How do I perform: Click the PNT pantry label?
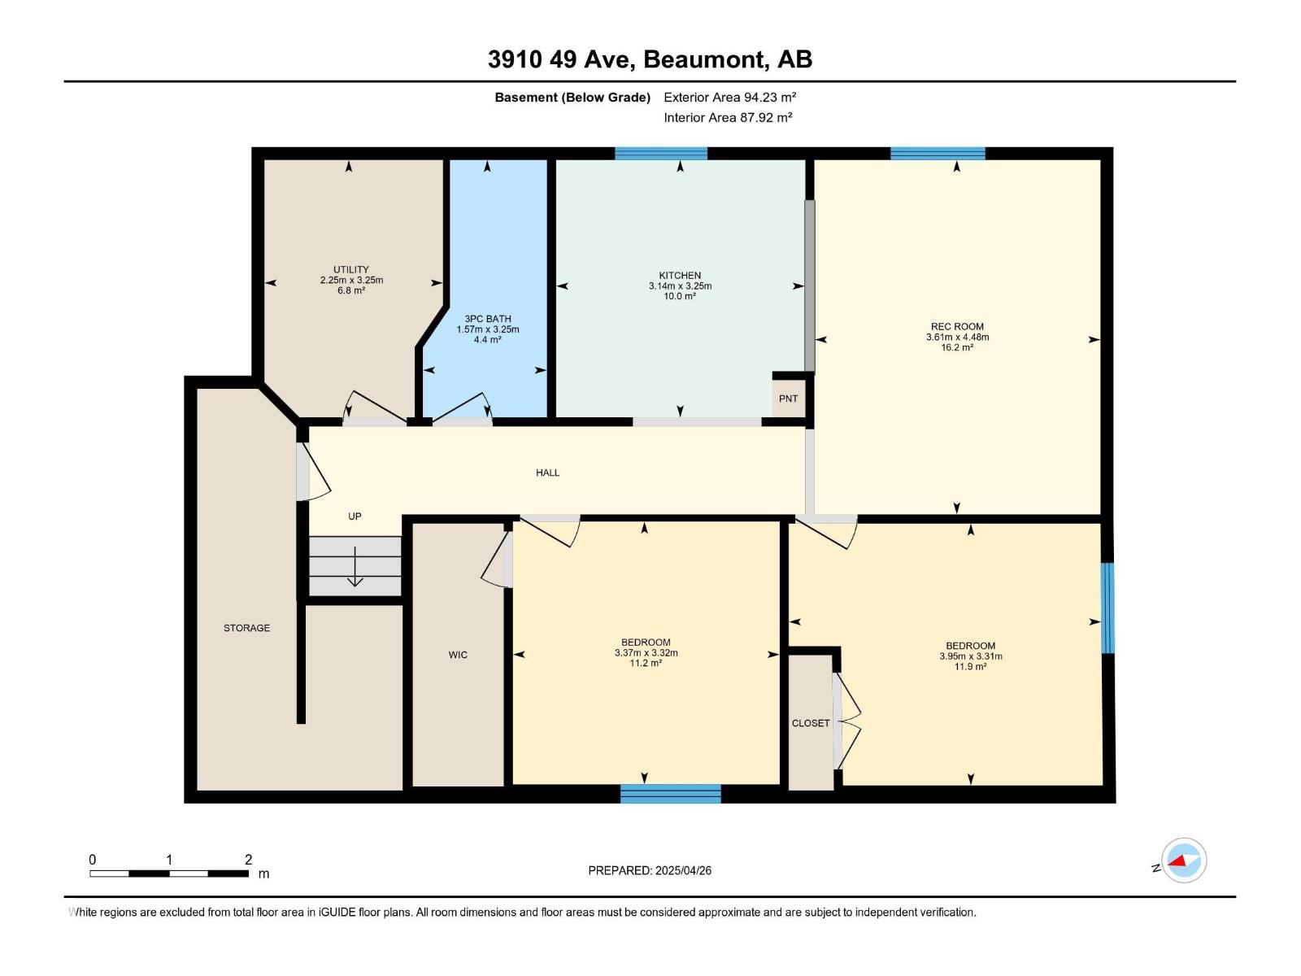(788, 399)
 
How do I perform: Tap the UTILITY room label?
(350, 269)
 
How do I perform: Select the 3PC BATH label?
(487, 319)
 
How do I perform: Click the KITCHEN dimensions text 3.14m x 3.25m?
(680, 286)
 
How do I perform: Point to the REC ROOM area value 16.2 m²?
(957, 347)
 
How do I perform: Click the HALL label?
(547, 473)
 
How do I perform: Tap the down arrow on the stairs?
(355, 567)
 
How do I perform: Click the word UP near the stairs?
(355, 516)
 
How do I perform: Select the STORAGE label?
(246, 628)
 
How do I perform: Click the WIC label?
(458, 655)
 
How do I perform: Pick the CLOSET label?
(811, 723)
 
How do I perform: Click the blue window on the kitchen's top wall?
(660, 153)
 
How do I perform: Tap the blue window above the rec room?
(938, 153)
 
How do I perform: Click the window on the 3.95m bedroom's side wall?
(1107, 608)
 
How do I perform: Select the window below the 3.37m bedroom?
(670, 793)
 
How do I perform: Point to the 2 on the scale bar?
(248, 860)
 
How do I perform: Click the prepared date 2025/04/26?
(683, 870)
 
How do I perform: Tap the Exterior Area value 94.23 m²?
(769, 97)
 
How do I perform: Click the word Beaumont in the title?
(707, 59)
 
